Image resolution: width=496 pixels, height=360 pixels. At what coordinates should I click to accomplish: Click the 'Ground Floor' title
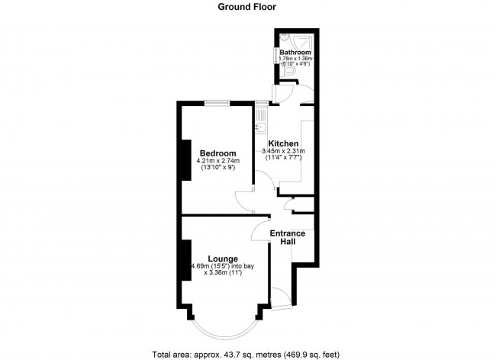[246, 7]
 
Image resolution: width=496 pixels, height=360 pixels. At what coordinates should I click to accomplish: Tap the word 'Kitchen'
[282, 143]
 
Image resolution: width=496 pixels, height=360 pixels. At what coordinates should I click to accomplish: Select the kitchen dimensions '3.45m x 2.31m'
[282, 151]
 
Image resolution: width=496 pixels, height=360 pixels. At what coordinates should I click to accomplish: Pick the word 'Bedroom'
[217, 153]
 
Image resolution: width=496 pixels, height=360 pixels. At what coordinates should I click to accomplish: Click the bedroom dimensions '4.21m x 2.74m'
[217, 161]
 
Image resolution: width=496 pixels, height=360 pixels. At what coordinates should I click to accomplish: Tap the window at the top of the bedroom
[218, 102]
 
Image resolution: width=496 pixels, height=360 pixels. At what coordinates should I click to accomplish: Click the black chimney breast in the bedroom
[184, 160]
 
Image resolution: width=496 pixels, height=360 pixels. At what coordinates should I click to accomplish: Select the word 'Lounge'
[222, 259]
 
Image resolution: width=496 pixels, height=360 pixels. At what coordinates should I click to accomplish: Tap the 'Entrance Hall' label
[288, 237]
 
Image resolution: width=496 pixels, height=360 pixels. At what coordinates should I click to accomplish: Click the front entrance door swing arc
[279, 298]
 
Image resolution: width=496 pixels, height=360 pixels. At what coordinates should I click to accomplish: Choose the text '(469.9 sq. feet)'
[309, 354]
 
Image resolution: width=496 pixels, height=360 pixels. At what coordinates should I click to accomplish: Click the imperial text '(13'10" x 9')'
[217, 169]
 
